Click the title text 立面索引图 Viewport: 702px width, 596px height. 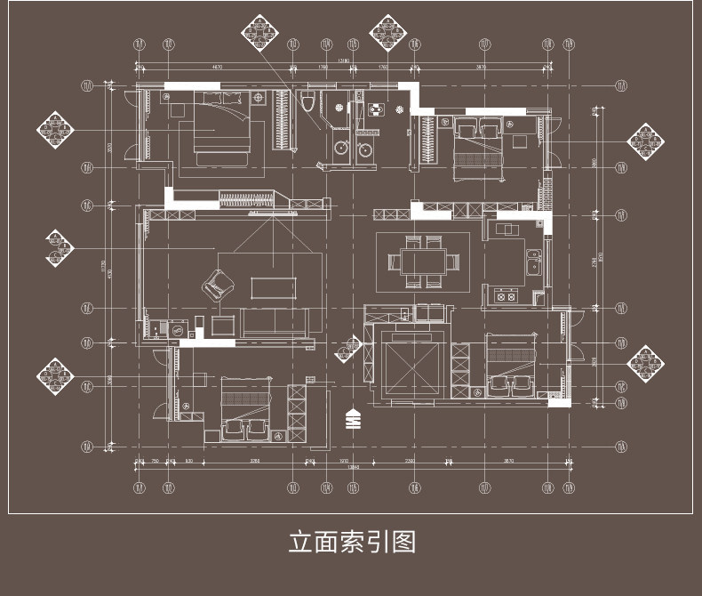coord(351,541)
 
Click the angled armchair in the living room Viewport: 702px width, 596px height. coord(216,284)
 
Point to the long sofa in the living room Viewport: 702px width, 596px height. coord(275,323)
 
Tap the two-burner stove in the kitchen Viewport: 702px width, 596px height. coord(507,296)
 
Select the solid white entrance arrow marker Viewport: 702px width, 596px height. coord(352,417)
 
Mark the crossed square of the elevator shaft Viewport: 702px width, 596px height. coord(411,366)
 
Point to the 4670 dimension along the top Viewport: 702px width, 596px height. coord(216,67)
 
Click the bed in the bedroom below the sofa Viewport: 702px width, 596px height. coord(243,408)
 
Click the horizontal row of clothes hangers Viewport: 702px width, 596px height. coord(245,197)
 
